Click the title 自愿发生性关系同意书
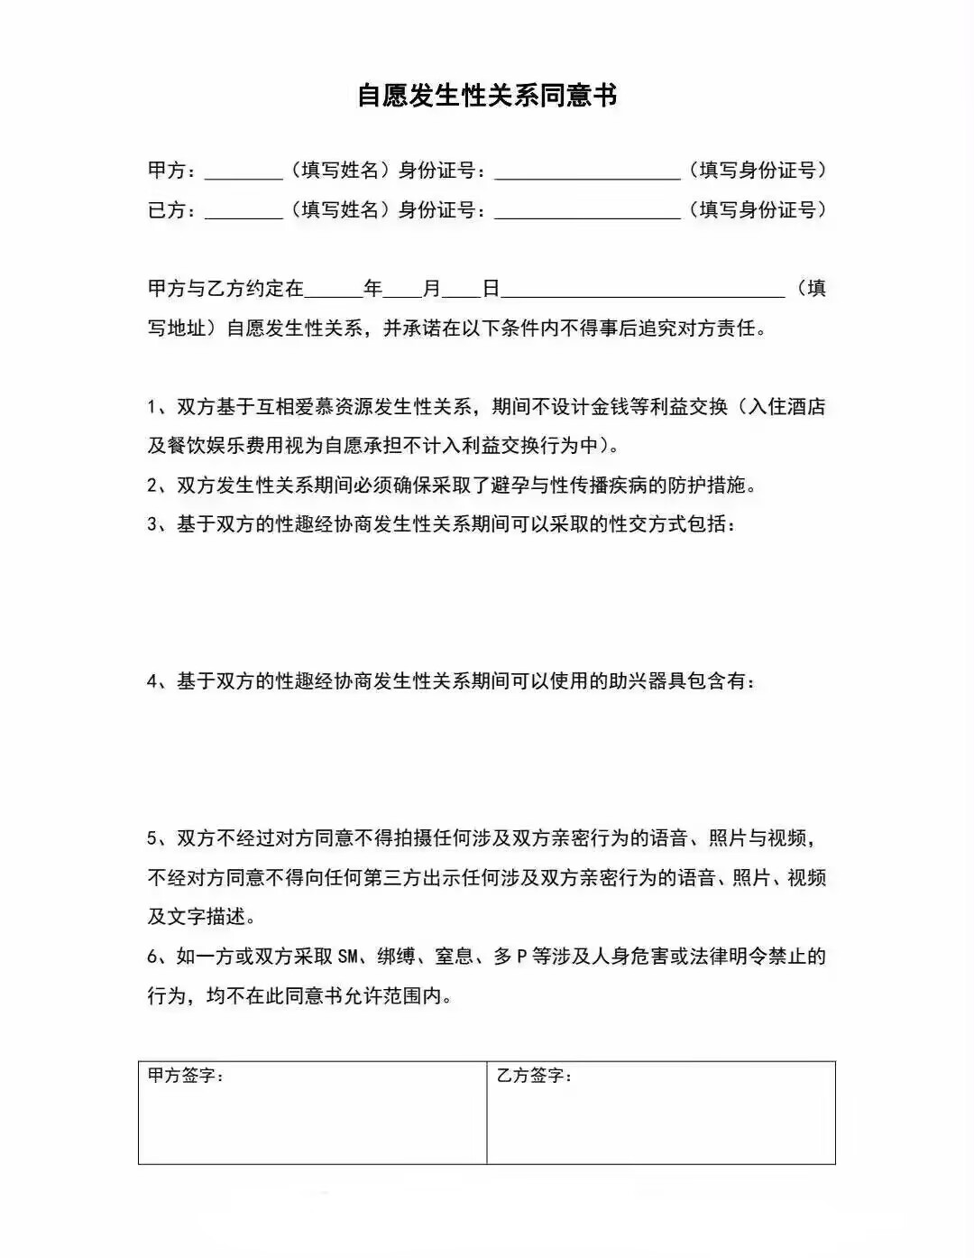487,95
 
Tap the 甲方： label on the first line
171,170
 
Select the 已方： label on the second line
171,209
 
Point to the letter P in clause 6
521,957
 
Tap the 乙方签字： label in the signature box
535,1076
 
